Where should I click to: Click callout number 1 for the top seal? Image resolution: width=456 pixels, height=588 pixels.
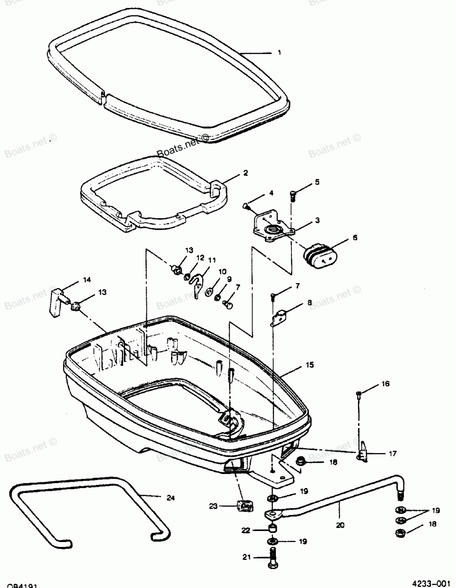279,52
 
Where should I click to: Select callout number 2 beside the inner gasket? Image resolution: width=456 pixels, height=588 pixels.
245,173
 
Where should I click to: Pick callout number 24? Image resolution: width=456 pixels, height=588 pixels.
170,498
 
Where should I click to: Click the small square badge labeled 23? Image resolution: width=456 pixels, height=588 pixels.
245,505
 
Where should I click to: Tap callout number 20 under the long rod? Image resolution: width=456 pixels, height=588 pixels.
340,525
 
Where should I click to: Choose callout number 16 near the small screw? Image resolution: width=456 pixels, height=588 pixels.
385,384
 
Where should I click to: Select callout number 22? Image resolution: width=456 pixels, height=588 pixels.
245,530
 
